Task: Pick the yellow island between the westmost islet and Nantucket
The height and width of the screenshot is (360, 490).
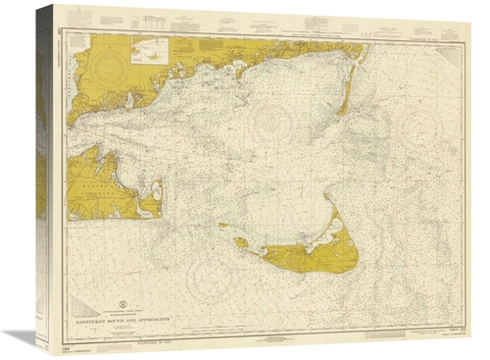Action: point(241,241)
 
